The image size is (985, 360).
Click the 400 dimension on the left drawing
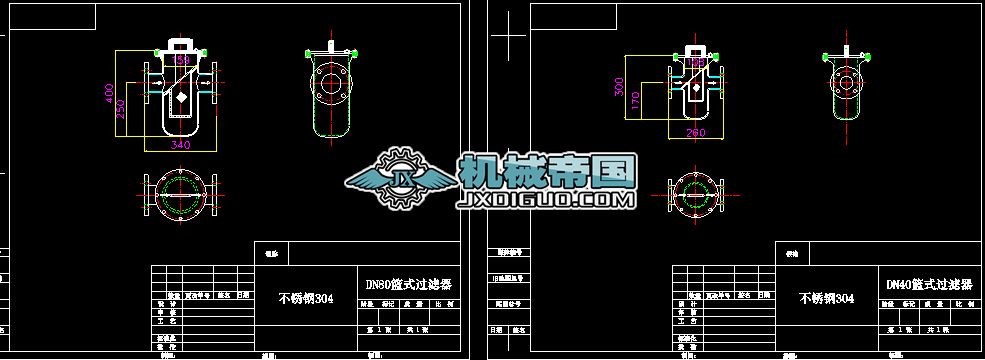110,92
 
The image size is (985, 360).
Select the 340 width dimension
181,145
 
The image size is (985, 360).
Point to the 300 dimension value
617,88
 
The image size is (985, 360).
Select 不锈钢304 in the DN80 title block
305,298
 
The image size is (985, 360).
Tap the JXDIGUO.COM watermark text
545,201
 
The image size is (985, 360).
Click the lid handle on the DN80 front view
181,44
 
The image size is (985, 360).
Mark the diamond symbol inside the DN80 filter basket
180,99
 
